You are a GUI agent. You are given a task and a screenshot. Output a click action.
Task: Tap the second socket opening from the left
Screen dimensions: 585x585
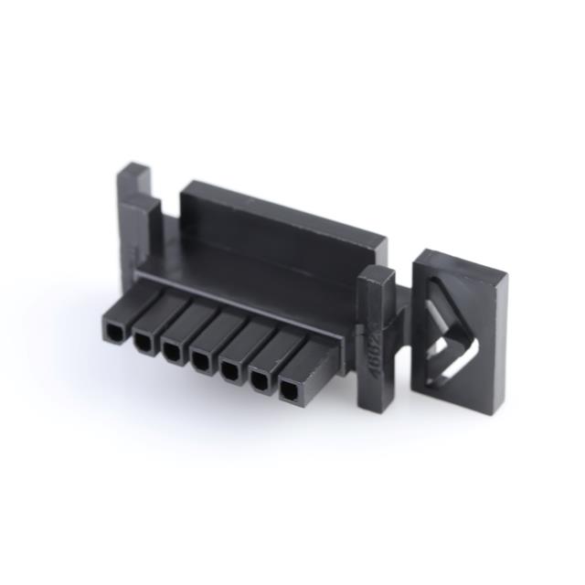[x=143, y=341]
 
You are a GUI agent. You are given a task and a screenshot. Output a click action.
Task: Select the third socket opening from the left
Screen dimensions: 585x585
[x=171, y=349]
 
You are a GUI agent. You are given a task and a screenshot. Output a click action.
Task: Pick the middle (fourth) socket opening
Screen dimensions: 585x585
[x=199, y=357]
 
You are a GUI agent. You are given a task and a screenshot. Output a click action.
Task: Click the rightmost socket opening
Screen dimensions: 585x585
[x=289, y=391]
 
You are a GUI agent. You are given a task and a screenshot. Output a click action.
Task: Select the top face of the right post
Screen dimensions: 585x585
[x=377, y=275]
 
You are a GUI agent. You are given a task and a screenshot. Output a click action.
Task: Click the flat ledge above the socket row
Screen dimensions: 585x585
[x=247, y=274]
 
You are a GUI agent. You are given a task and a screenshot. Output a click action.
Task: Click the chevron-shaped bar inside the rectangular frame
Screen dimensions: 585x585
[x=448, y=334]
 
